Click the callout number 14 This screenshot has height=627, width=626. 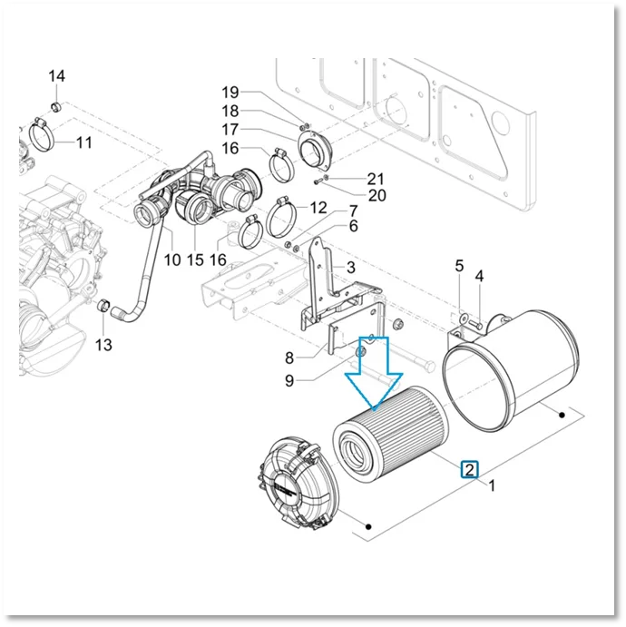[57, 76]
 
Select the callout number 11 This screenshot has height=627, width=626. [84, 142]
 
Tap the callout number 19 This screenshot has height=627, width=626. [230, 93]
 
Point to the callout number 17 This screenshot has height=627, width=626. [230, 130]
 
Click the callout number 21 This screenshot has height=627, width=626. [376, 179]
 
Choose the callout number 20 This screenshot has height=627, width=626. [377, 195]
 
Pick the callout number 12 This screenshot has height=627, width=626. [318, 208]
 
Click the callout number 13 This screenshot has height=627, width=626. [103, 344]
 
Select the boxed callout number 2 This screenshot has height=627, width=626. [470, 469]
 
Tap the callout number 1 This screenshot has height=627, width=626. [492, 485]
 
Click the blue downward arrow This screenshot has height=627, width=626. [374, 374]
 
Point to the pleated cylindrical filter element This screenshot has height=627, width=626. [391, 434]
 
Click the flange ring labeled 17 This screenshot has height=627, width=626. [315, 152]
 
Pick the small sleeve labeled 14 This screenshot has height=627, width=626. [57, 107]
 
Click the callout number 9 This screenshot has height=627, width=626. [289, 381]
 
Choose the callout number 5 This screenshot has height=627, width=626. [459, 266]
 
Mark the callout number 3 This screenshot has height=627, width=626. [350, 267]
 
